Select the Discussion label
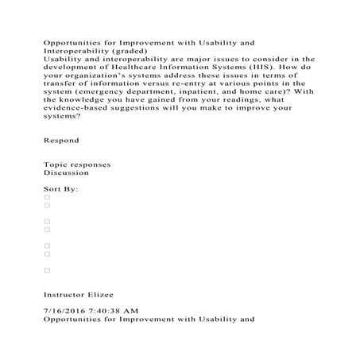pyautogui.click(x=67, y=172)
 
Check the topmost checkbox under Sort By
pyautogui.click(x=47, y=197)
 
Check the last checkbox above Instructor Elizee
pyautogui.click(x=47, y=270)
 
